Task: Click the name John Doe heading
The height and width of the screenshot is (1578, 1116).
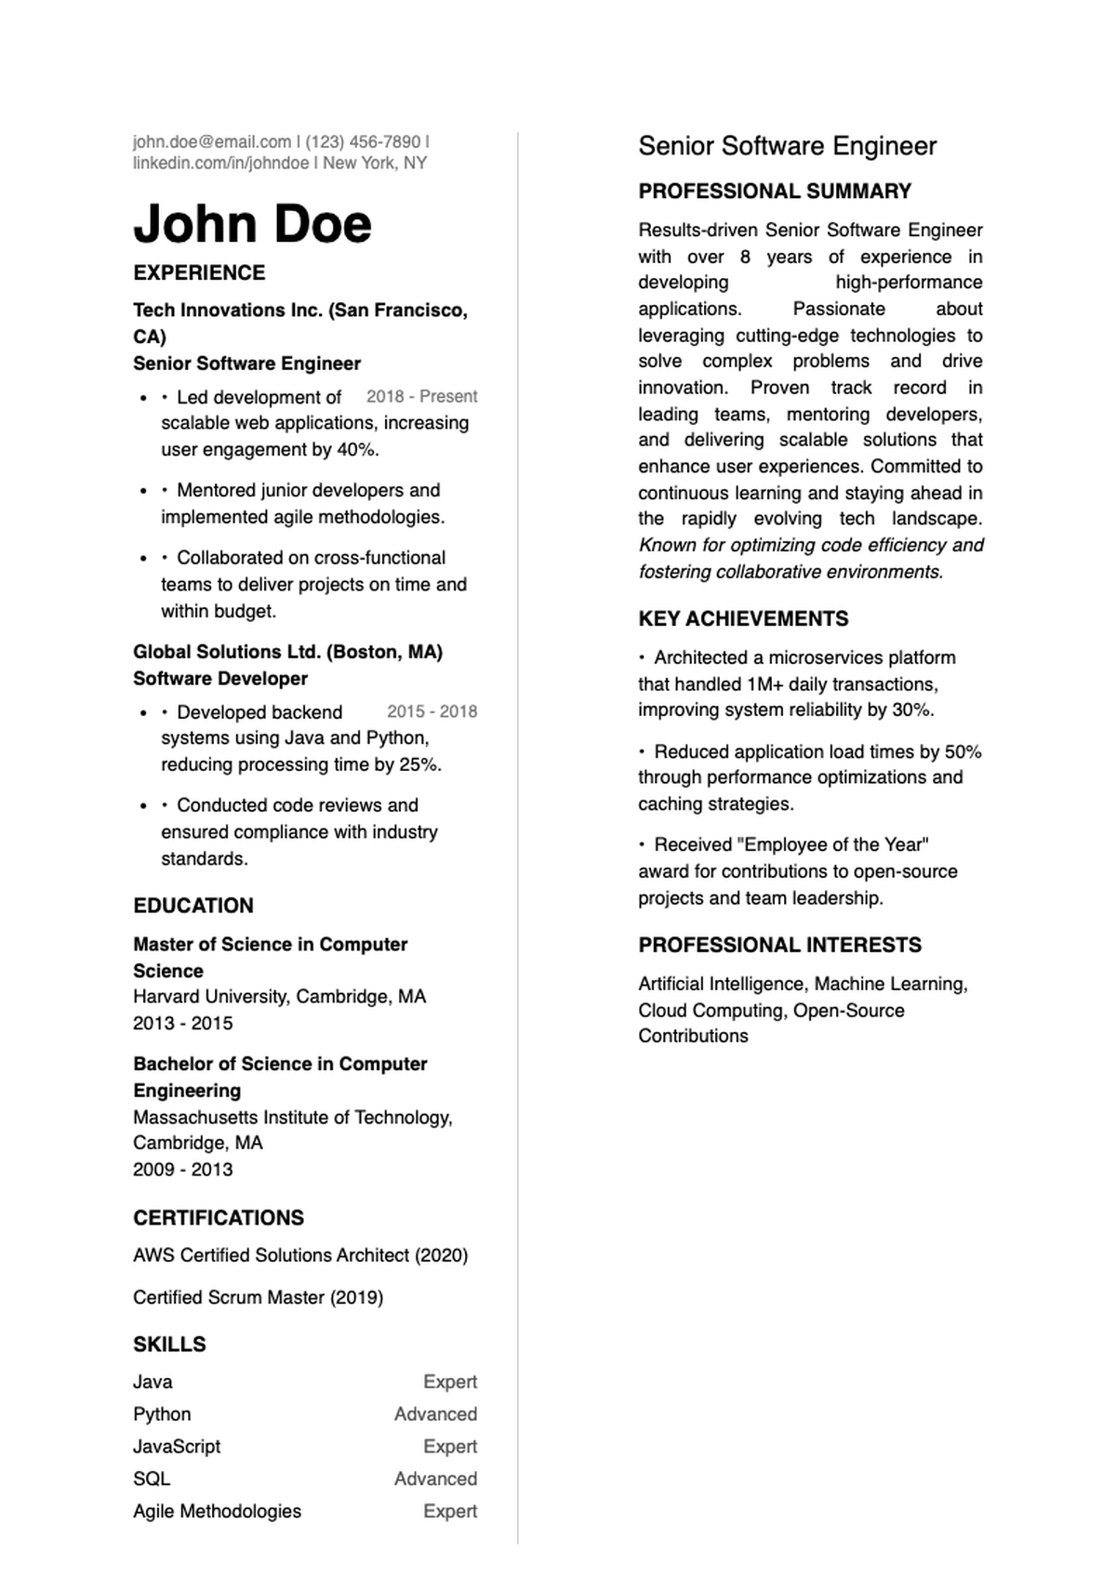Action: pos(252,224)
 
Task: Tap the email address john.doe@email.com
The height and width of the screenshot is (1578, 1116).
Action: pos(212,142)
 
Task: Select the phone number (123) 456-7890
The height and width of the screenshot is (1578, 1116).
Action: pos(363,142)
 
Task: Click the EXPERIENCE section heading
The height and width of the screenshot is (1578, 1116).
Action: pos(199,272)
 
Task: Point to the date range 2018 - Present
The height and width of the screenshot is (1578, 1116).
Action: pos(421,396)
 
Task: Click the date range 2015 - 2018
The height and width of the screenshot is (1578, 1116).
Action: pos(432,711)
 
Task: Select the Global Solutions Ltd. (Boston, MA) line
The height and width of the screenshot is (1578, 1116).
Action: pos(287,652)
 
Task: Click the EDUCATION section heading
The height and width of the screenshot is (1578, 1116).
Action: pos(193,906)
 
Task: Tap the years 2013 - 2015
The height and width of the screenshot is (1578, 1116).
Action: pos(183,1023)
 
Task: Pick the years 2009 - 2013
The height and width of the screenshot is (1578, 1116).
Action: pos(183,1170)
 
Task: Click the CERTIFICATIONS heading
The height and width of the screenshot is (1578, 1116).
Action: pos(219,1218)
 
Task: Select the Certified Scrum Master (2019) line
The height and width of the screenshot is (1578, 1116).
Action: pos(258,1297)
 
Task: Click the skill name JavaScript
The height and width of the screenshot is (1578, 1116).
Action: pos(177,1446)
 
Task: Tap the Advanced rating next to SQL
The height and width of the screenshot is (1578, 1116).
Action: pos(435,1479)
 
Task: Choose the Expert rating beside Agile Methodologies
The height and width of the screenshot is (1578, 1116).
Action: pos(450,1511)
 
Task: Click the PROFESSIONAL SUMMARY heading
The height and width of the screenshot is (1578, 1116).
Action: pos(775,192)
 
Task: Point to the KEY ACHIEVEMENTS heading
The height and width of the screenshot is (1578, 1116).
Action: pos(743,619)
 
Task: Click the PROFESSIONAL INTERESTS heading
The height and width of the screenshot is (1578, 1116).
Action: pos(779,946)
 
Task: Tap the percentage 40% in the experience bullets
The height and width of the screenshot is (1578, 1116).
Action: pos(357,450)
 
